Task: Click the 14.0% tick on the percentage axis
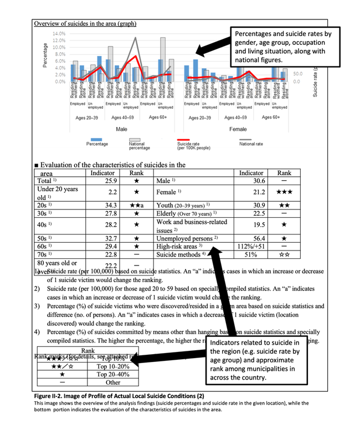coord(59,34)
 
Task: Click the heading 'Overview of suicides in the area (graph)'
coord(85,23)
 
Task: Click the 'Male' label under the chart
coord(121,129)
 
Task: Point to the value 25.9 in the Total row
coord(112,181)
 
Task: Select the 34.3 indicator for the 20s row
coord(112,205)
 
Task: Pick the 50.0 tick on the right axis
coord(297,73)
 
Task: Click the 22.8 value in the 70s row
coord(112,254)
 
